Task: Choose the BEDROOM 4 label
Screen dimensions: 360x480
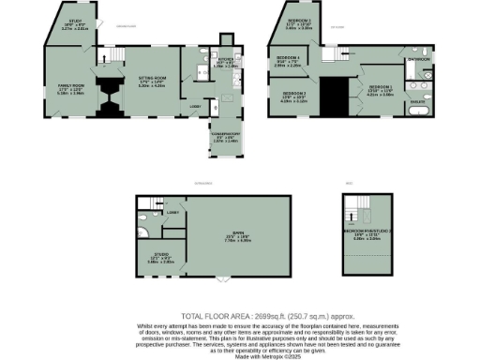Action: click(x=288, y=62)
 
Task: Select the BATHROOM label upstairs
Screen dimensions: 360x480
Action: click(x=418, y=59)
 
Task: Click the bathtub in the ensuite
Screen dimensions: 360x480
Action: click(x=421, y=113)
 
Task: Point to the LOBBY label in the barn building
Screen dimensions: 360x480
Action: click(x=173, y=214)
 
